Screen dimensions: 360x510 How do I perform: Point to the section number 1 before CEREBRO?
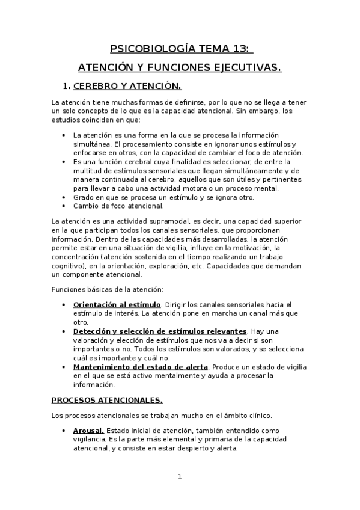pos(67,87)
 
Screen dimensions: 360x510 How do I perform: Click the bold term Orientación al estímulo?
pos(117,305)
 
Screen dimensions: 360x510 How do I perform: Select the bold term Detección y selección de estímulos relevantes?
pos(160,331)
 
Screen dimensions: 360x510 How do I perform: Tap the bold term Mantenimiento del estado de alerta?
pos(140,367)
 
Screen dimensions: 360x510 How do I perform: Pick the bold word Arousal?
pos(88,430)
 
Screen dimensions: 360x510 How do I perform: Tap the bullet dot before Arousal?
pos(64,431)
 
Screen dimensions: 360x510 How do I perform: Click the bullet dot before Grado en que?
pos(64,197)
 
